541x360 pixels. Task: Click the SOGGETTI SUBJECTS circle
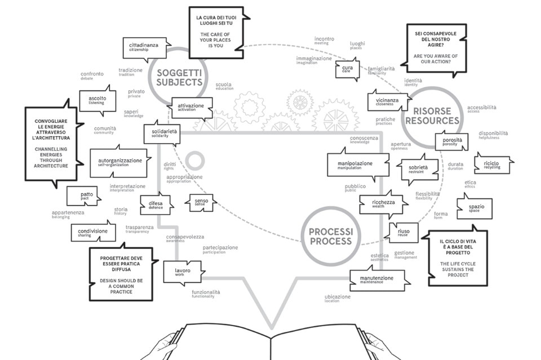pyautogui.click(x=179, y=77)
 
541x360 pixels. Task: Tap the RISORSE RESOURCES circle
pyautogui.click(x=436, y=115)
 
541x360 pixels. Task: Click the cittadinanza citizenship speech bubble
pyautogui.click(x=144, y=47)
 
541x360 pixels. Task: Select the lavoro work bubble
pyautogui.click(x=183, y=272)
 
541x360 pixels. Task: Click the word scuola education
pyautogui.click(x=224, y=86)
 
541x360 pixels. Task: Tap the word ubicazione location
pyautogui.click(x=337, y=298)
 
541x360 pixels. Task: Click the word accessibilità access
pyautogui.click(x=481, y=109)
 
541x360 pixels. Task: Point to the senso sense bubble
pyautogui.click(x=201, y=202)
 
